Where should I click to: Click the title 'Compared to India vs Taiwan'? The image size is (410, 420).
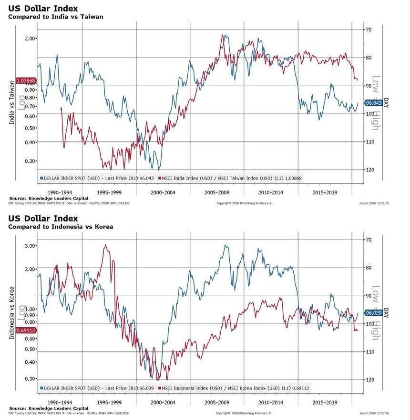[x=56, y=17]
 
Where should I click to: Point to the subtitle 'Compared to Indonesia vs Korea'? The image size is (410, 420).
[x=61, y=227]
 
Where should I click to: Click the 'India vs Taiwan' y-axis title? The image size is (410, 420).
[x=11, y=103]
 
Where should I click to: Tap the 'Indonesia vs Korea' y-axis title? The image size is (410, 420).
[x=11, y=313]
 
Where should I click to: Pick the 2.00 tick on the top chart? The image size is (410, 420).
[x=30, y=39]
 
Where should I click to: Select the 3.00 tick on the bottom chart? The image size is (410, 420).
[x=30, y=246]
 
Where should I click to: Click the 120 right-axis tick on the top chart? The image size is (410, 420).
[x=369, y=170]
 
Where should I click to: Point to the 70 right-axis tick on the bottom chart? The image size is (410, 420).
[x=369, y=240]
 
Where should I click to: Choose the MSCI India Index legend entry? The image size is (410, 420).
[x=232, y=178]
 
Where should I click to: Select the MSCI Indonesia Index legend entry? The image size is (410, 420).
[x=235, y=388]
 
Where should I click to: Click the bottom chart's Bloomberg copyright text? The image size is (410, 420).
[x=244, y=413]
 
